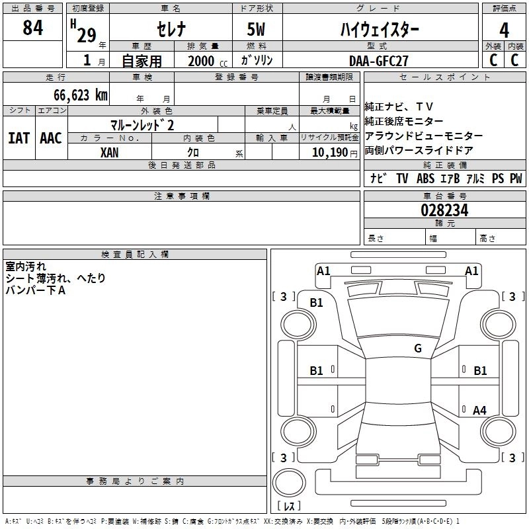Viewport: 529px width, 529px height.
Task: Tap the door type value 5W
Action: [x=257, y=28]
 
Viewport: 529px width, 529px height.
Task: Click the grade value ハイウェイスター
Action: [x=379, y=28]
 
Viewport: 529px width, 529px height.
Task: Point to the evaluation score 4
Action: [x=504, y=30]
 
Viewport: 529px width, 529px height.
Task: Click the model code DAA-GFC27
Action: [x=379, y=60]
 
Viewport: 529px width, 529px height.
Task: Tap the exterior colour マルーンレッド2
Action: [x=142, y=124]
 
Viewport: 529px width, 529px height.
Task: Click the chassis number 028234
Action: [x=444, y=210]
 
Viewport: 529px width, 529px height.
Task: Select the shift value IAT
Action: [x=19, y=138]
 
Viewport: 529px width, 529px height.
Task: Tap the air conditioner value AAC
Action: [x=51, y=138]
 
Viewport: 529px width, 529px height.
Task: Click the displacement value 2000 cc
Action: [x=202, y=61]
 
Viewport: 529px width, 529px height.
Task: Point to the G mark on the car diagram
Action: [x=417, y=348]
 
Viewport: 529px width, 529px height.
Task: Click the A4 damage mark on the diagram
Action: [x=479, y=411]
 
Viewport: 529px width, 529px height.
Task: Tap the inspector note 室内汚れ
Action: [x=26, y=266]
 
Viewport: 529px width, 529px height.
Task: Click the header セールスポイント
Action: [x=446, y=77]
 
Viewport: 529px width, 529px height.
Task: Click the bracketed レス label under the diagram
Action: [x=289, y=507]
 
